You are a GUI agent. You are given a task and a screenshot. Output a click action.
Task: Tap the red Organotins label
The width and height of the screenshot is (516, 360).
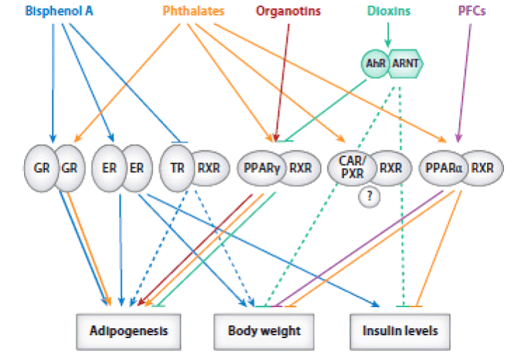(289, 11)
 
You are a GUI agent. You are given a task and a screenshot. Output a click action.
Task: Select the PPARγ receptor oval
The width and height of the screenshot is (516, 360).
(258, 169)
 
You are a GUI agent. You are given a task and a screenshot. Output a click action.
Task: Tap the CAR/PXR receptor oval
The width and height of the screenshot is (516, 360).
(348, 169)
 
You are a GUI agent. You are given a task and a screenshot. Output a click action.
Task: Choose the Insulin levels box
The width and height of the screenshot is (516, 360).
(400, 330)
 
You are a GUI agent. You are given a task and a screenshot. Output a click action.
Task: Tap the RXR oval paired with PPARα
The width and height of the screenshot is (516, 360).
(481, 169)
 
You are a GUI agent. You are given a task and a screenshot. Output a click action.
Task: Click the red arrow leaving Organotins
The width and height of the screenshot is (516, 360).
(282, 78)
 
